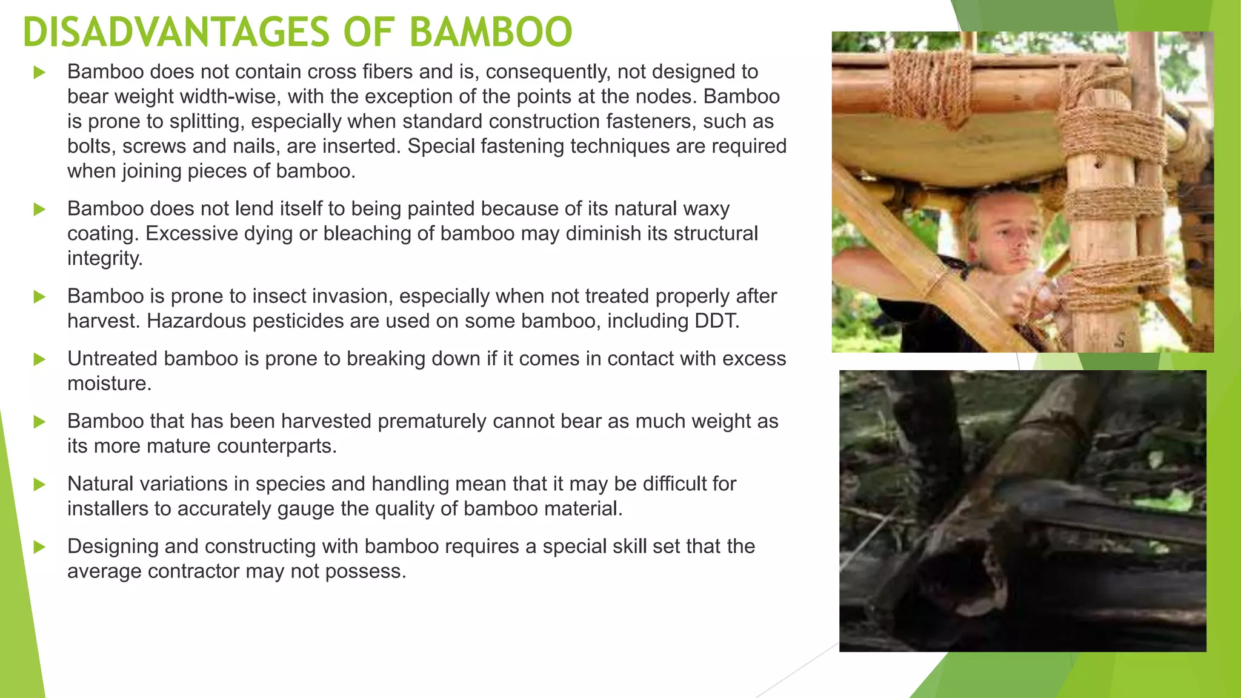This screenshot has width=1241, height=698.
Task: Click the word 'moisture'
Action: pyautogui.click(x=108, y=384)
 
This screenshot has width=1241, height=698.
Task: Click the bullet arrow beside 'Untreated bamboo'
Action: pyautogui.click(x=39, y=359)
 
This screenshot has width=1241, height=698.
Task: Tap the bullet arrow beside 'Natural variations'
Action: pyautogui.click(x=39, y=484)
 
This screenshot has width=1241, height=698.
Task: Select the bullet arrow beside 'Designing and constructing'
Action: pyautogui.click(x=39, y=547)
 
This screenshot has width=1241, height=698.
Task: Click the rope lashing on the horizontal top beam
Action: pyautogui.click(x=927, y=85)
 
